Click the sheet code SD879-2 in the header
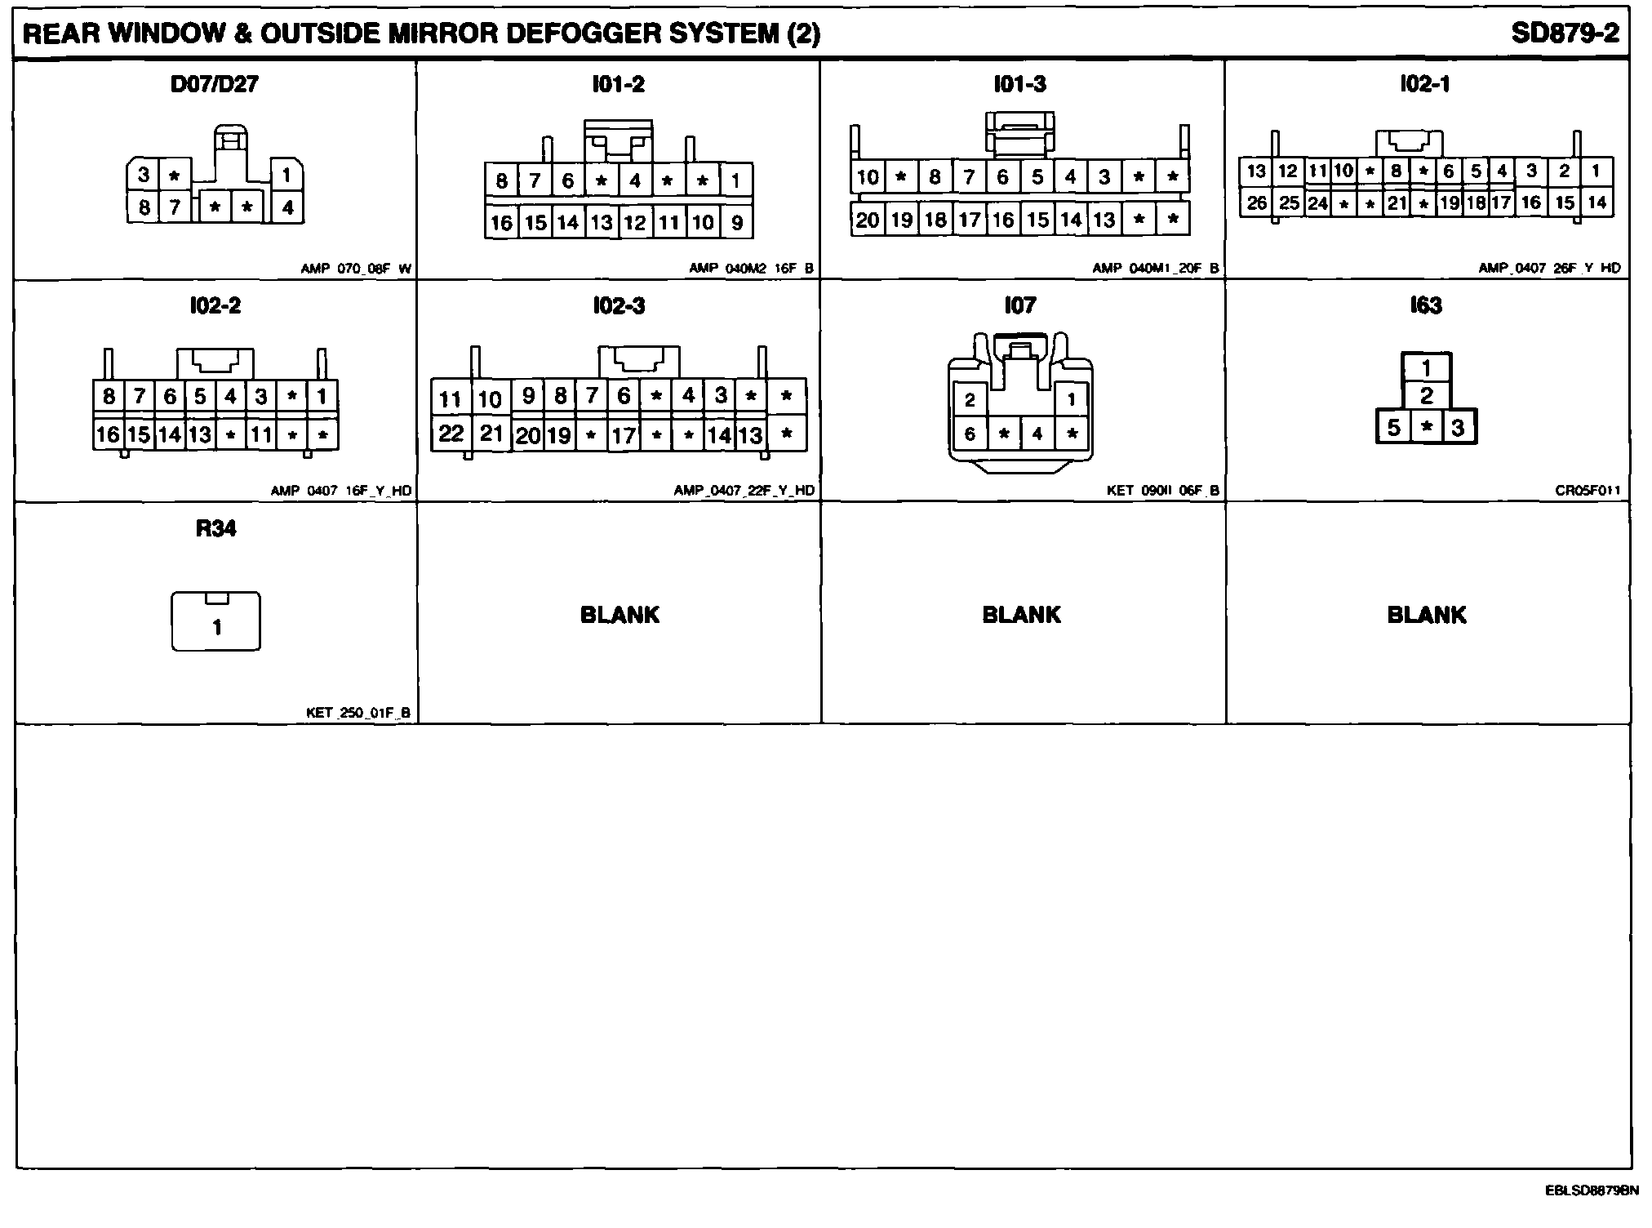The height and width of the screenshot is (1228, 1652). [x=1565, y=33]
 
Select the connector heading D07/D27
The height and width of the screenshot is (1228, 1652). [x=215, y=84]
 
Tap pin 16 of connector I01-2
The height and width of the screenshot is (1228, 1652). [x=501, y=223]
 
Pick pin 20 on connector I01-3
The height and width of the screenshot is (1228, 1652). [x=867, y=220]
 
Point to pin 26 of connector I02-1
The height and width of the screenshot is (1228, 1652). [x=1256, y=202]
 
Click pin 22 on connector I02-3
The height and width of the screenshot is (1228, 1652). [x=451, y=433]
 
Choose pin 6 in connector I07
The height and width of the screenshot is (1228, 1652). [x=970, y=434]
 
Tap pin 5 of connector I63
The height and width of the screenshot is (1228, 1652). [x=1393, y=428]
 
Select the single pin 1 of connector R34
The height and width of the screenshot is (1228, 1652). [x=216, y=627]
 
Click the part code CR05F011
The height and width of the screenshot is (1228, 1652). [x=1588, y=491]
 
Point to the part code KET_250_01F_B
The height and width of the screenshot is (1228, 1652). [x=358, y=713]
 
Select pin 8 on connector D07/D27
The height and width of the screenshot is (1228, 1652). [x=144, y=207]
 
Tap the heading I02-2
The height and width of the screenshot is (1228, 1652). [x=215, y=306]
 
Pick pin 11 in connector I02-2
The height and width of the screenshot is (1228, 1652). [x=261, y=434]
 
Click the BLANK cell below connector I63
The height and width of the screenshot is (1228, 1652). [x=1426, y=615]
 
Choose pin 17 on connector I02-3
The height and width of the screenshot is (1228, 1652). [x=623, y=436]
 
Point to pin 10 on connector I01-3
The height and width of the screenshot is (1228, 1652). [x=867, y=177]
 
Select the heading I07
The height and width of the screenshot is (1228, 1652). [x=1020, y=305]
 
